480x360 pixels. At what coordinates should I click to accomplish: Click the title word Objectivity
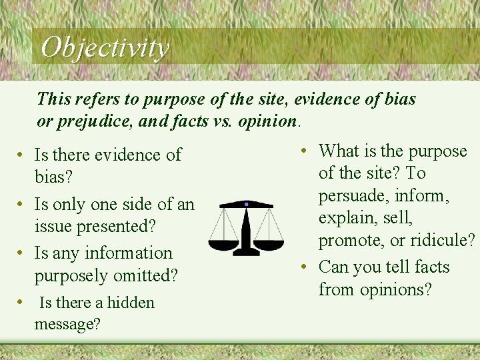tap(105, 47)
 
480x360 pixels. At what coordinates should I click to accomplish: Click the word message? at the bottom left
tap(67, 325)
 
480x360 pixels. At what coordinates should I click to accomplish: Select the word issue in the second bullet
tap(55, 226)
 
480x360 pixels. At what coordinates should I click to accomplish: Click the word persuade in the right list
tap(353, 196)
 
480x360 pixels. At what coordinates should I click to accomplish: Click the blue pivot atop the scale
tap(247, 203)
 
